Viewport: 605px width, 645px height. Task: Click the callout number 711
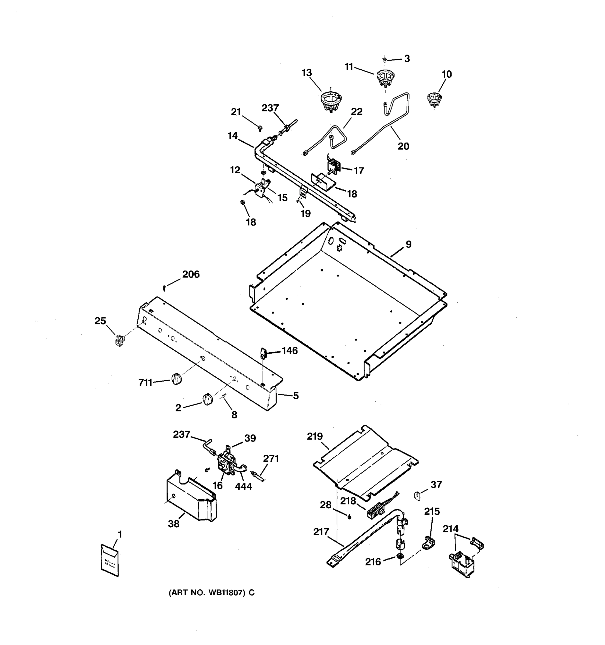click(x=145, y=383)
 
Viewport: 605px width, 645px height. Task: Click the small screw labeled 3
click(x=385, y=60)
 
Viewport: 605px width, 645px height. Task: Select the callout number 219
click(x=315, y=436)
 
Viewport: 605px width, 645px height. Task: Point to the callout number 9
click(x=408, y=244)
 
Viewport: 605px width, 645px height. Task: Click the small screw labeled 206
click(x=165, y=288)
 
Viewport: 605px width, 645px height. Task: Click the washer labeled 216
click(x=400, y=557)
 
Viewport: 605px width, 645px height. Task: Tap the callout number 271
click(x=271, y=458)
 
